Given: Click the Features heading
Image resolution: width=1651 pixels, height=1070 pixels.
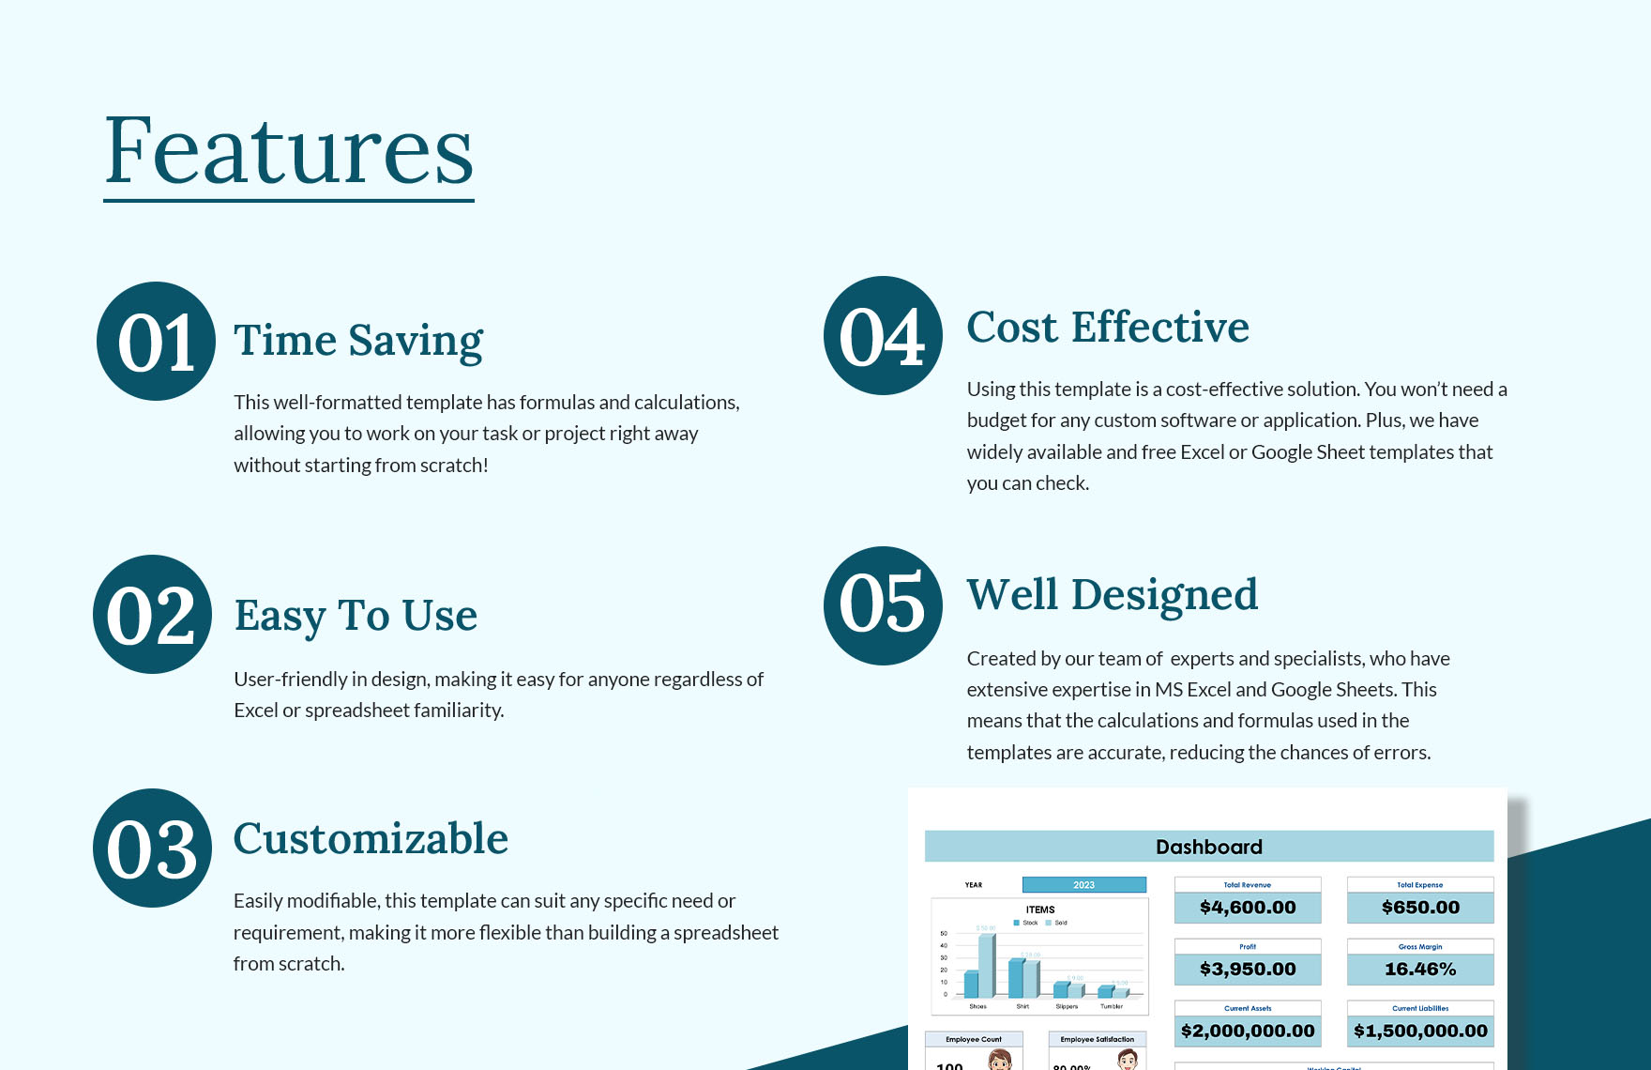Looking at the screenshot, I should [289, 150].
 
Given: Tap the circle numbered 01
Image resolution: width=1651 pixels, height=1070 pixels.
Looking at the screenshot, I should [156, 342].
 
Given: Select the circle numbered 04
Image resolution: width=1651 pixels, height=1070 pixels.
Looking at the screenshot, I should [883, 336].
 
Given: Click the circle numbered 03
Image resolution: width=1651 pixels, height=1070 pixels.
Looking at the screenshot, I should [152, 848].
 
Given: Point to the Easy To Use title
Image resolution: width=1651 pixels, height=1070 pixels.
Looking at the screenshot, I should [356, 616].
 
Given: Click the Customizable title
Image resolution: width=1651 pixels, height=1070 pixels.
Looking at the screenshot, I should [371, 839].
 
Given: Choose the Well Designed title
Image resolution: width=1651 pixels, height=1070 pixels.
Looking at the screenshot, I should [1112, 595].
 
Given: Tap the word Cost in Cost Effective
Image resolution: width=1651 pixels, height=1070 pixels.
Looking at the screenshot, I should [1012, 328].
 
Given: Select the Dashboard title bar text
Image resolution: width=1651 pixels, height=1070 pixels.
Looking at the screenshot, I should [1208, 847].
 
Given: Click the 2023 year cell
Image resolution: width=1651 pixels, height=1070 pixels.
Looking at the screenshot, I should [1083, 885].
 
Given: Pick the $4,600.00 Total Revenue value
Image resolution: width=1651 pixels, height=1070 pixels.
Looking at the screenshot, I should [1247, 908].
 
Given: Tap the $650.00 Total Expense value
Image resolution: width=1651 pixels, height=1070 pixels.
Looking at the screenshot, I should [1420, 908].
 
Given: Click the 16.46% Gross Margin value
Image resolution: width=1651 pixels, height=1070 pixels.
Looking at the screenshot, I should [1420, 970].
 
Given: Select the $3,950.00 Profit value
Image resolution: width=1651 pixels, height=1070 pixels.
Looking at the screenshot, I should [1247, 970].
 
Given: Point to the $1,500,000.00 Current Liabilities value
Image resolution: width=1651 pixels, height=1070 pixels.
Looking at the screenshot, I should [1420, 1031].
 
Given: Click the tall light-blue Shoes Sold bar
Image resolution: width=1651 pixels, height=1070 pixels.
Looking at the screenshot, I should [987, 965].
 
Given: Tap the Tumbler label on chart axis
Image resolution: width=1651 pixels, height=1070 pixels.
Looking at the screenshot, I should [1112, 1006].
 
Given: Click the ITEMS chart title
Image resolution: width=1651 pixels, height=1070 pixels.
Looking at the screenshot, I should [1039, 909].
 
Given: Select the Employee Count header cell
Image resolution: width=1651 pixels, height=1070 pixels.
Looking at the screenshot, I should [973, 1039].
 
